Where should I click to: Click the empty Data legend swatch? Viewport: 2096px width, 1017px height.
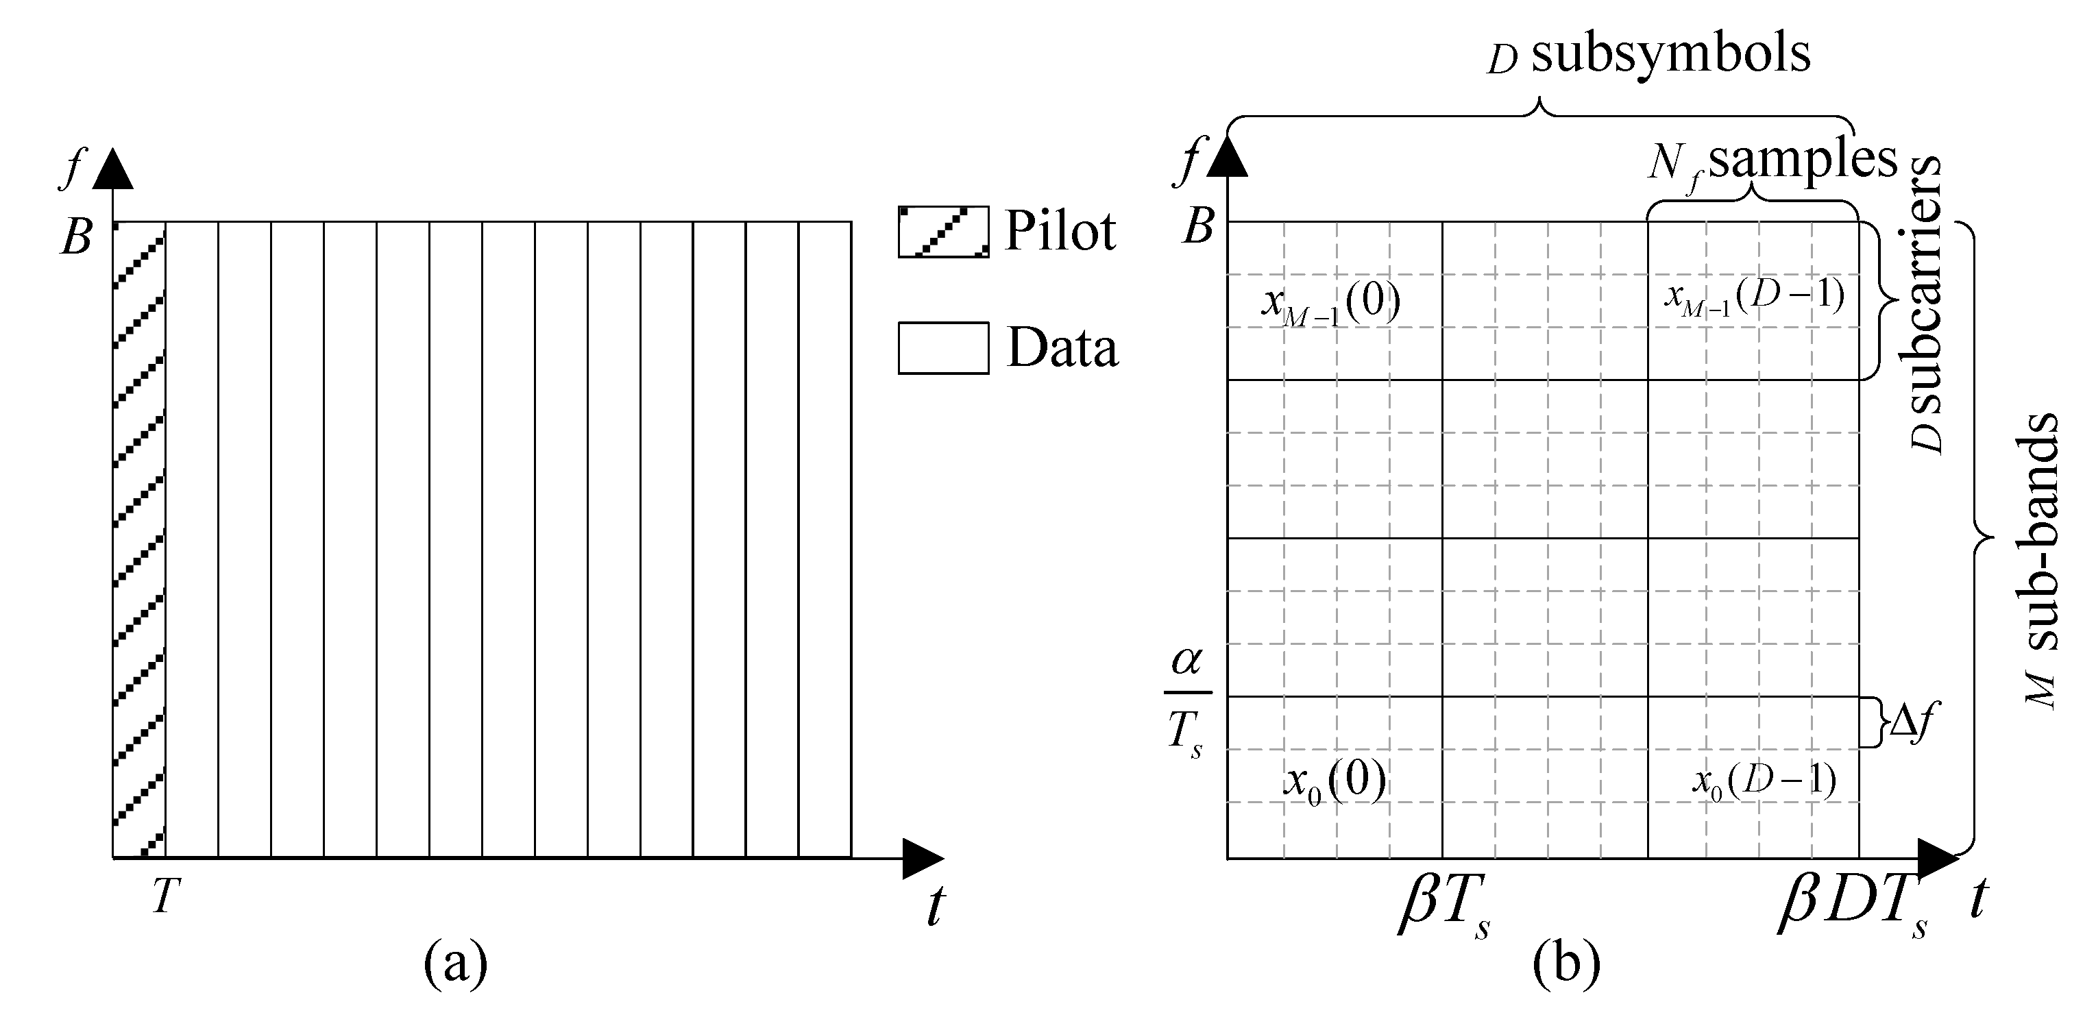click(943, 348)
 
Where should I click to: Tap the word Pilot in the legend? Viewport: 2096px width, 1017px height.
click(1060, 231)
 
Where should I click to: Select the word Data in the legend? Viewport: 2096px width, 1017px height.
click(1062, 348)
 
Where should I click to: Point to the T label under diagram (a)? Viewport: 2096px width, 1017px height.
click(165, 897)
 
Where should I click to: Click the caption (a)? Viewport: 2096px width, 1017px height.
click(456, 965)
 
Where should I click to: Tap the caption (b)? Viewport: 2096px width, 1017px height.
click(1566, 965)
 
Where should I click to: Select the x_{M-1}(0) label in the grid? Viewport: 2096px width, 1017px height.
click(1330, 304)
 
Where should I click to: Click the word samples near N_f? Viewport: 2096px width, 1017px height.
click(1802, 159)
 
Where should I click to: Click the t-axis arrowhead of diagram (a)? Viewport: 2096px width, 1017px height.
click(922, 858)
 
